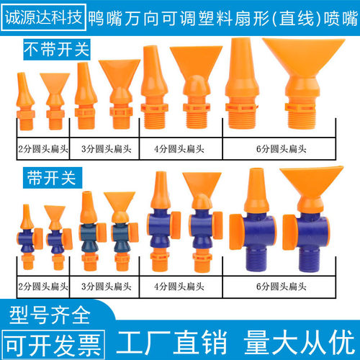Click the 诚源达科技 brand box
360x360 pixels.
point(43,14)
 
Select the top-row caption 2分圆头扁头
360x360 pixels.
point(43,149)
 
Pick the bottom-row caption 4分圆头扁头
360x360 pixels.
point(176,290)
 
